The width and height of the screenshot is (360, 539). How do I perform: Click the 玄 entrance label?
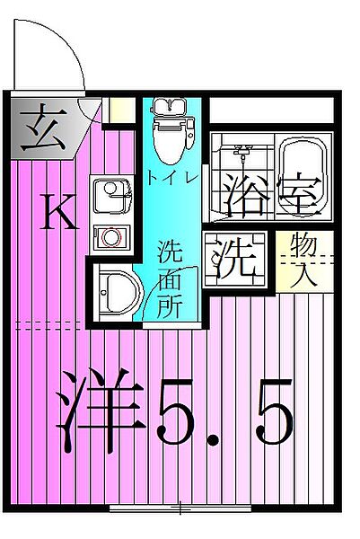(x=40, y=126)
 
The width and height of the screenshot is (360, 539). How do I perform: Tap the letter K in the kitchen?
(x=58, y=214)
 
